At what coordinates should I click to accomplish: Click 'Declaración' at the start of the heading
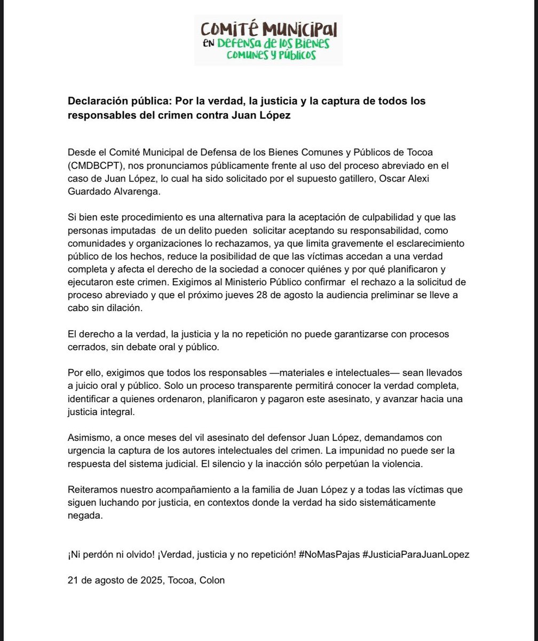coord(94,101)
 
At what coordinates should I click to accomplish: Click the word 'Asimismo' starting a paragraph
coord(88,437)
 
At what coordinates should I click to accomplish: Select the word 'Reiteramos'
coord(91,490)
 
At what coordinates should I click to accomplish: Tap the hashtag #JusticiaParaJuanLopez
coord(416,554)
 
